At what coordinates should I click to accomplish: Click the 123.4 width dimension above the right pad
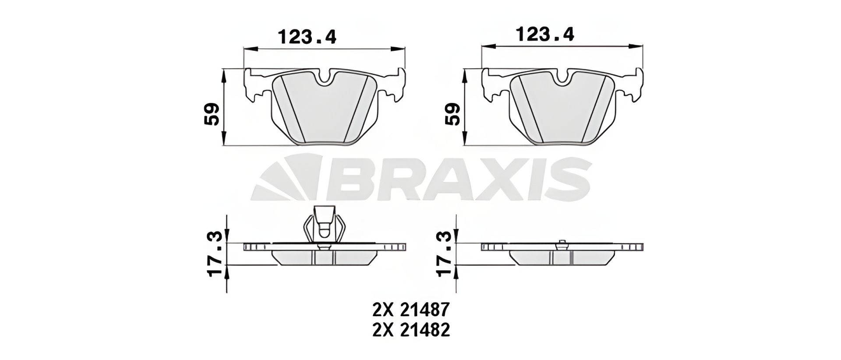[x=545, y=34]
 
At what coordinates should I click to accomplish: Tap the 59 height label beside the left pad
[x=212, y=114]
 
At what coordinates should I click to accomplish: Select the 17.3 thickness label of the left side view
[x=216, y=254]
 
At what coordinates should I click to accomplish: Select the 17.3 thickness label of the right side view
[x=445, y=254]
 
